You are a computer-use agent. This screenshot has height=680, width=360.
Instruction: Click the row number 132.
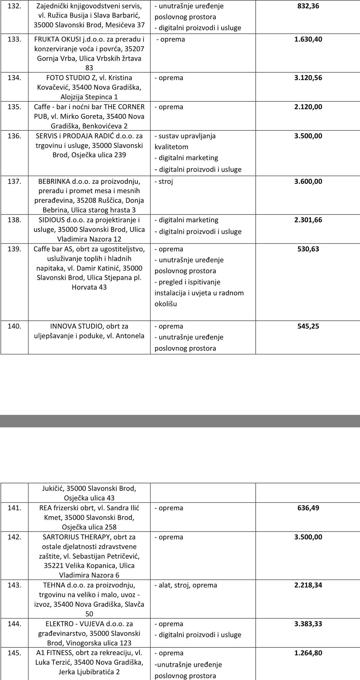tap(14, 6)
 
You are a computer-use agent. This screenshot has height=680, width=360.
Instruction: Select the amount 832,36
tap(308, 6)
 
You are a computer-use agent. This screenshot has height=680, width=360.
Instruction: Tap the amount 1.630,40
tap(308, 39)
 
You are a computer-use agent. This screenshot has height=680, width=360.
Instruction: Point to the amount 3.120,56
tap(308, 78)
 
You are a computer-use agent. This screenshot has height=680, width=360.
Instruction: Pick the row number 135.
tap(14, 107)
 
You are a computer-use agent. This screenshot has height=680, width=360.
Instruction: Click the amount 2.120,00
tap(308, 107)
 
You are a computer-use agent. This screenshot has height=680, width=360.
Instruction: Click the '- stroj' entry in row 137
tap(164, 181)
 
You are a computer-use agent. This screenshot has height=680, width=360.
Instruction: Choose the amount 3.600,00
tap(308, 181)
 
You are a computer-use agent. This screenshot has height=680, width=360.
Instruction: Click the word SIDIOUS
tap(52, 220)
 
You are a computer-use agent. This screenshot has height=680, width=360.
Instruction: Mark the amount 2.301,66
tap(308, 220)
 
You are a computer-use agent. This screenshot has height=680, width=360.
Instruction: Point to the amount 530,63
tap(308, 249)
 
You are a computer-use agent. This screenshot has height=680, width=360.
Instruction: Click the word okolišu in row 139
tap(166, 304)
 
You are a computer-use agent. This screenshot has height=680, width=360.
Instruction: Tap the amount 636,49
tap(308, 508)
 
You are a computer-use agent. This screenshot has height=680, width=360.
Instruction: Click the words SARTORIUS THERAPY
tap(77, 537)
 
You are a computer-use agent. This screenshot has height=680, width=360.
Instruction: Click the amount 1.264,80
tap(308, 653)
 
